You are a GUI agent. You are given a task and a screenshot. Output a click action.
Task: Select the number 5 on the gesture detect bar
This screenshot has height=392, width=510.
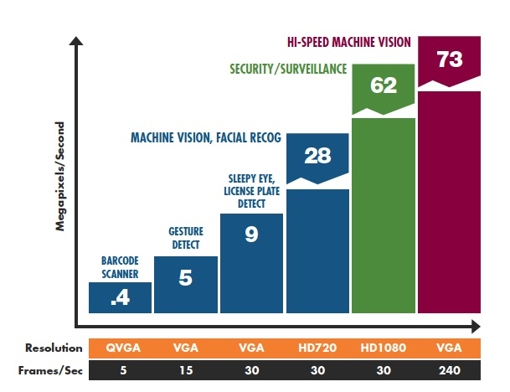click(x=186, y=278)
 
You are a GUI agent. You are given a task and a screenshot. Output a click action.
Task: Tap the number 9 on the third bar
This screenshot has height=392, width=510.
click(x=251, y=235)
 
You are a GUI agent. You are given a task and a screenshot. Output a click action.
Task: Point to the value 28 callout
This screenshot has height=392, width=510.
click(x=318, y=156)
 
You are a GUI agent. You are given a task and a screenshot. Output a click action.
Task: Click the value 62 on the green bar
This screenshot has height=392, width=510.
click(x=383, y=85)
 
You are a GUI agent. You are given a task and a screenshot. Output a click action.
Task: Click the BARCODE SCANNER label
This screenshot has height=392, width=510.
click(x=119, y=266)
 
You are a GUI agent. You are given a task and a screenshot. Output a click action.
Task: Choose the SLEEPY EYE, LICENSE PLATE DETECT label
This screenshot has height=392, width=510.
click(x=251, y=193)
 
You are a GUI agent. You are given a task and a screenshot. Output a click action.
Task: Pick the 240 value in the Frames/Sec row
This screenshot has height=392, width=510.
click(x=449, y=369)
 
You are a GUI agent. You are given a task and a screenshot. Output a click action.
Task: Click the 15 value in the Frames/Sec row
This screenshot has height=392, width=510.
click(x=186, y=369)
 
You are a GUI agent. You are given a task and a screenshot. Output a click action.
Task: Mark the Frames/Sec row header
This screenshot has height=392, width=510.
click(x=54, y=369)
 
